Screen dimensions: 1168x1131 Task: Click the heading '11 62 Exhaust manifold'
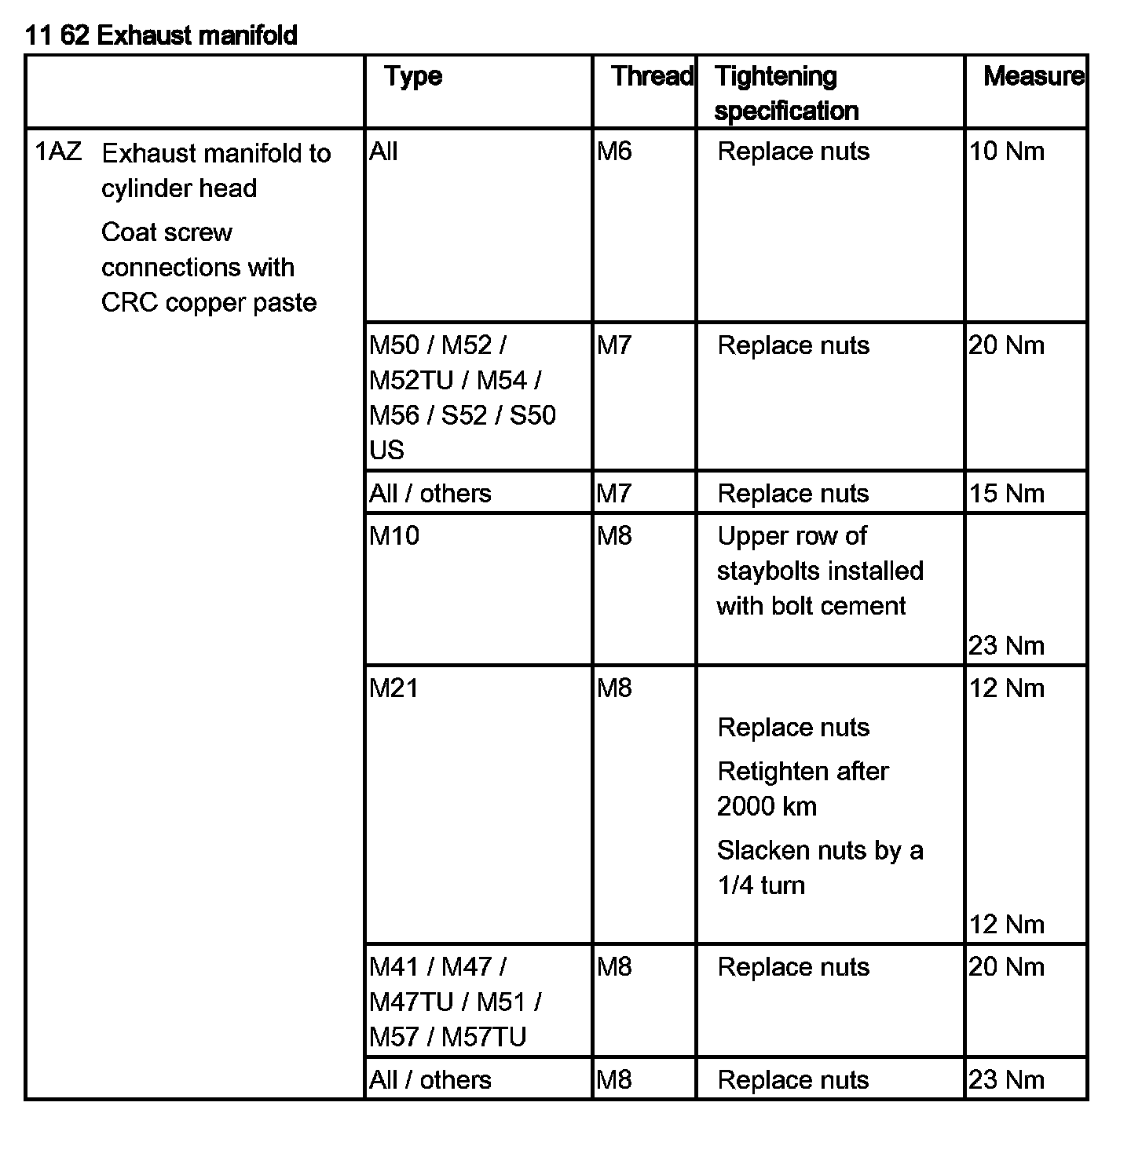tap(161, 35)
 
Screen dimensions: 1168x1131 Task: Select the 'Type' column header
tap(413, 76)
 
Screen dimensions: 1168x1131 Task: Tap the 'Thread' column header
tap(651, 76)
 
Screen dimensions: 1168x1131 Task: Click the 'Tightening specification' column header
tap(786, 93)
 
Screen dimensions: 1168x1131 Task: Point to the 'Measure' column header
tap(1033, 76)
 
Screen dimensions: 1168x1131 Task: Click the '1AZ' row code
tap(59, 151)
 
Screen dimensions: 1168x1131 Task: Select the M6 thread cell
tap(614, 151)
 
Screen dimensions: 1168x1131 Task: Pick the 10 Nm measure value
tap(1006, 151)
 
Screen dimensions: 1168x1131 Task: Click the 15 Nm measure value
tap(1006, 493)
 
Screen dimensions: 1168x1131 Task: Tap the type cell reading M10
tap(394, 535)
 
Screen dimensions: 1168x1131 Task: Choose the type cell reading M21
tap(394, 688)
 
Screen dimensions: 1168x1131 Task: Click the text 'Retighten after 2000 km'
tap(802, 788)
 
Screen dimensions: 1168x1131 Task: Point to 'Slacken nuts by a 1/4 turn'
tap(819, 867)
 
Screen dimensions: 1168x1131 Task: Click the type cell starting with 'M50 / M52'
tap(462, 397)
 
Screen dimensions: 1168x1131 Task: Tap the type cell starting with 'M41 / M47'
tap(455, 1002)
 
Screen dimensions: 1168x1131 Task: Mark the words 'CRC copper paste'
tap(209, 302)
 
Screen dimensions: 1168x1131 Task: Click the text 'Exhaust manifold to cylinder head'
tap(216, 170)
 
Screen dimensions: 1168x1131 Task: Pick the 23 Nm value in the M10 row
tap(1006, 645)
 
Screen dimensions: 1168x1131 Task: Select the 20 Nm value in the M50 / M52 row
tap(1006, 345)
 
